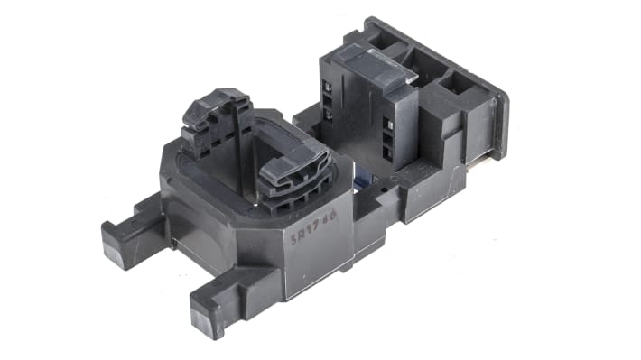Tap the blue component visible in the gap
360,180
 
